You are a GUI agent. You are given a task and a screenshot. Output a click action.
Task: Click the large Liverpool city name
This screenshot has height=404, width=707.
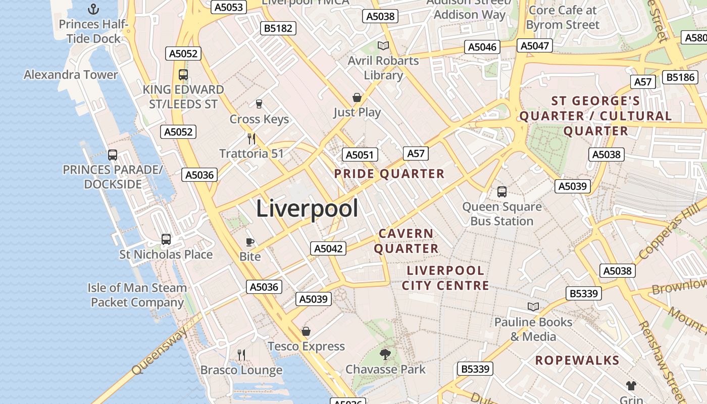tap(307, 209)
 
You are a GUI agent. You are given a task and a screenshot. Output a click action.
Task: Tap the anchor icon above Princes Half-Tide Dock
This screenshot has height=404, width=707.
tap(93, 9)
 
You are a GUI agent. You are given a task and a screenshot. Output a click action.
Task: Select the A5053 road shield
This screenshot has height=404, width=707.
tap(229, 7)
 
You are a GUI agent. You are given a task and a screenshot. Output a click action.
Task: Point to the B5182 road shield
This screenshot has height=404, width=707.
tap(278, 28)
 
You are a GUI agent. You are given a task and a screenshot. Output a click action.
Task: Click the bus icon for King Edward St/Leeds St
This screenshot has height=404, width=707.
tap(183, 75)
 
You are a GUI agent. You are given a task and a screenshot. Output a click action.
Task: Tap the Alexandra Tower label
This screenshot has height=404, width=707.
tap(71, 75)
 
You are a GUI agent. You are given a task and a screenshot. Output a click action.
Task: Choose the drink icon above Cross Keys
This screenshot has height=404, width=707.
tap(259, 104)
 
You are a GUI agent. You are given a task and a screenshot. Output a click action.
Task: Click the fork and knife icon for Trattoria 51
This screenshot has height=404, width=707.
tap(251, 138)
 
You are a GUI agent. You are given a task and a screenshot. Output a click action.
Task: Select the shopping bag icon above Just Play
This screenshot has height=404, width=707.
tap(357, 97)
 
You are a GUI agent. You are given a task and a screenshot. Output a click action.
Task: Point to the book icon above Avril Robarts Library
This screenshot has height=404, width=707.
tap(383, 46)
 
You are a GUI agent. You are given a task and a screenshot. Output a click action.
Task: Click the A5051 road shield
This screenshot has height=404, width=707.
tap(360, 155)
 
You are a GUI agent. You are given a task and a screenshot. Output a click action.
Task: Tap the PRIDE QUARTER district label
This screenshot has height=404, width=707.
tap(389, 174)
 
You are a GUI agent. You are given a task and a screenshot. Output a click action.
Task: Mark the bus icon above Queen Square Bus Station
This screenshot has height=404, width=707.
tap(502, 191)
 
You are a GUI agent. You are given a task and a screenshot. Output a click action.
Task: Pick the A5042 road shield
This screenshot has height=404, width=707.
tap(328, 248)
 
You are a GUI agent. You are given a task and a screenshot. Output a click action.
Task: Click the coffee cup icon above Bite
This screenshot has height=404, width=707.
tap(250, 242)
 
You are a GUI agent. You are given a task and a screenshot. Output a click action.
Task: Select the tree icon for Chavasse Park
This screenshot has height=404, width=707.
tap(385, 355)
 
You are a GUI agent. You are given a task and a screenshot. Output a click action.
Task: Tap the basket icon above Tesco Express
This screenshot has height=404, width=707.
tap(306, 331)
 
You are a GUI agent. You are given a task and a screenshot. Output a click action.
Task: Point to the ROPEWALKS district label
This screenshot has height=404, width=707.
tap(577, 360)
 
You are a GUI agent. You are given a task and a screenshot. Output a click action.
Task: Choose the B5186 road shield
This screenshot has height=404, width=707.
tap(680, 77)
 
